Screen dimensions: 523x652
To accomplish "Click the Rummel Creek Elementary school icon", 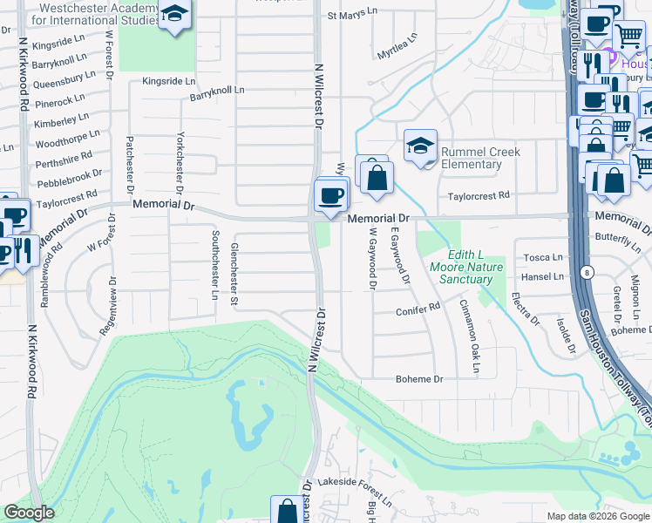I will click(x=420, y=146).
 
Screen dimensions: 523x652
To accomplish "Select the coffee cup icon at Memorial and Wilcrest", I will click(x=331, y=196).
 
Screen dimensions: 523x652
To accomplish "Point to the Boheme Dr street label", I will click(x=419, y=379).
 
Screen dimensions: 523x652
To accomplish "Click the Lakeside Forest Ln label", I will click(x=355, y=482).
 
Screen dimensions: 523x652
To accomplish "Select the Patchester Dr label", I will click(x=130, y=165).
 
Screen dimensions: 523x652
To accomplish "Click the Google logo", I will click(x=30, y=513).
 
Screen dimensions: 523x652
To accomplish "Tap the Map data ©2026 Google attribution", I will click(x=598, y=515).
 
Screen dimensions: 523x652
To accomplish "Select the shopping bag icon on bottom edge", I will click(x=286, y=511).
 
